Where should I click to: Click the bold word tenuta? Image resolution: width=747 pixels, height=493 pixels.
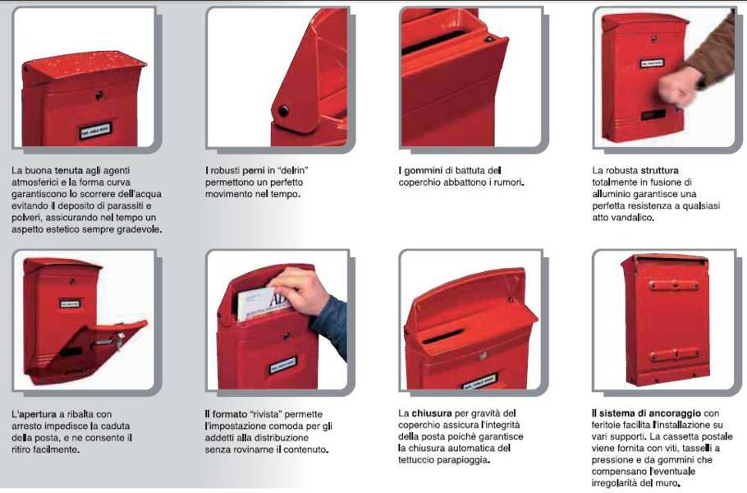[69, 171]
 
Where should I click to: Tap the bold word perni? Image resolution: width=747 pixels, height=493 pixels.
[254, 171]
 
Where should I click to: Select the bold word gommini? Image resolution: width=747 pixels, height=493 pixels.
[424, 171]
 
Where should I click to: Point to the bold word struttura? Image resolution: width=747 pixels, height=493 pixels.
[659, 171]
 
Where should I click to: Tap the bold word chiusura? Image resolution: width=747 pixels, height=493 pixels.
[432, 413]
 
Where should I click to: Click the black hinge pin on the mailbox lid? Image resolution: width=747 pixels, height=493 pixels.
[283, 111]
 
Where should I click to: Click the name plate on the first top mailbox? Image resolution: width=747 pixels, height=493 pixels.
[94, 131]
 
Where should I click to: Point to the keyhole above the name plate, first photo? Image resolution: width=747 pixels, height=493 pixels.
[99, 95]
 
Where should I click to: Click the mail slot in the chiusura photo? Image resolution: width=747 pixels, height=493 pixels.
[442, 336]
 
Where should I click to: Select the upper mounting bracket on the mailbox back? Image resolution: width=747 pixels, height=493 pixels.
[674, 286]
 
